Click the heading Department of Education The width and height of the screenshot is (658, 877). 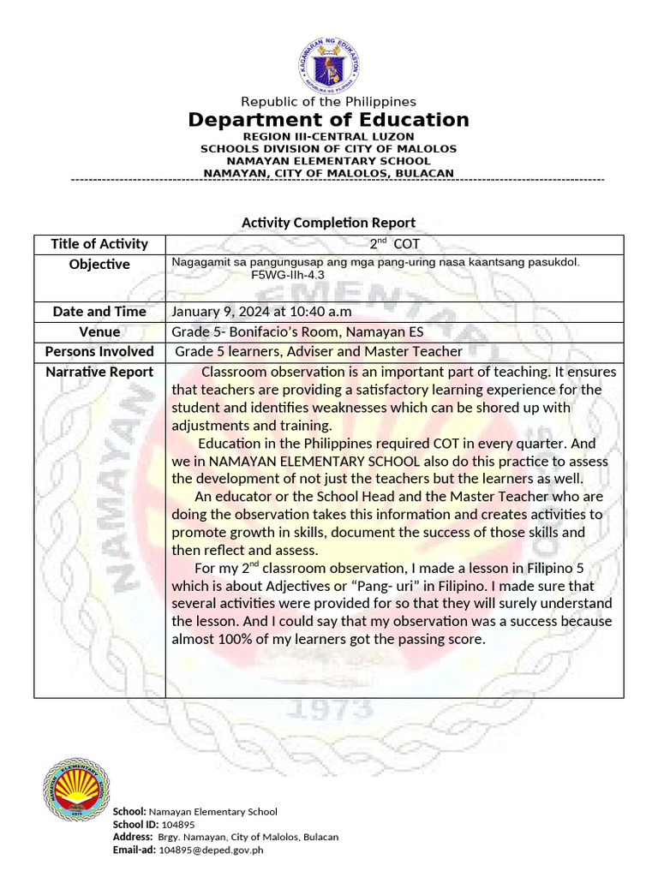point(329,120)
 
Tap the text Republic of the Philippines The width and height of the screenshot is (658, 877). point(329,102)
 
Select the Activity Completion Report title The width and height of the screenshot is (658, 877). point(329,223)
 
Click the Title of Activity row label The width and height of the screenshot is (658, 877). point(99,244)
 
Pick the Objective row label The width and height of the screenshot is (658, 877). point(99,264)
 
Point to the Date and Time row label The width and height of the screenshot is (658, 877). point(99,312)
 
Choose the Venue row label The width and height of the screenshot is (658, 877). point(99,331)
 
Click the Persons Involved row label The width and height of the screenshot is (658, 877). point(99,351)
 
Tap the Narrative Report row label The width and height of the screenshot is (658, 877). point(99,372)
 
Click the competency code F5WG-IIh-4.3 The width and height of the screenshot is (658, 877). point(288,276)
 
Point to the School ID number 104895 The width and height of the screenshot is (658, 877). point(166,825)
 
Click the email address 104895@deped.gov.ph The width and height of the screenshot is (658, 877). point(211,850)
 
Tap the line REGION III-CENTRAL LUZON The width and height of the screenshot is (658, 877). point(329,136)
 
